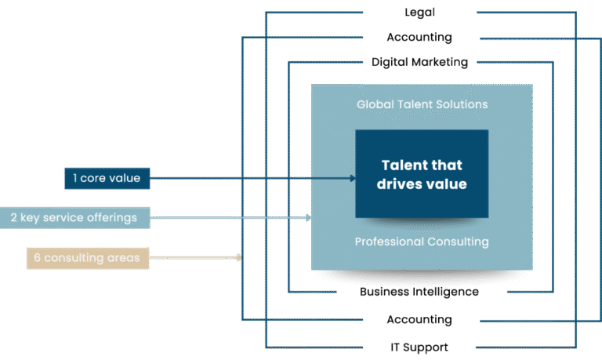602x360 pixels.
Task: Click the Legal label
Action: (x=419, y=12)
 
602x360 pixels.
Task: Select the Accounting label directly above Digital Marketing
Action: (x=419, y=37)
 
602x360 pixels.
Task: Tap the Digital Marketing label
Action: (x=419, y=62)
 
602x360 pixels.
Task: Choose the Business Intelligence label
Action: (x=419, y=292)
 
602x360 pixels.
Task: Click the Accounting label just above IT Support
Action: (x=419, y=320)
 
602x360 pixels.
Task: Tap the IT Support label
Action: (x=419, y=347)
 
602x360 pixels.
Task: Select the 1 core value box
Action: (x=107, y=179)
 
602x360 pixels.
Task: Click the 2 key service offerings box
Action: (x=74, y=217)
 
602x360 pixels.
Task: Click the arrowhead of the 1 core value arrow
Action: (x=353, y=179)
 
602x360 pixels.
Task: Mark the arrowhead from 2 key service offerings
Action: (x=308, y=217)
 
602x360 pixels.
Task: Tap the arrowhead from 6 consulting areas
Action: (x=238, y=256)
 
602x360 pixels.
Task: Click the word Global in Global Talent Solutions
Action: (x=374, y=104)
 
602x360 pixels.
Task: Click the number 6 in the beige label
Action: (x=36, y=256)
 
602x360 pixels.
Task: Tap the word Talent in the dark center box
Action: (x=404, y=165)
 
